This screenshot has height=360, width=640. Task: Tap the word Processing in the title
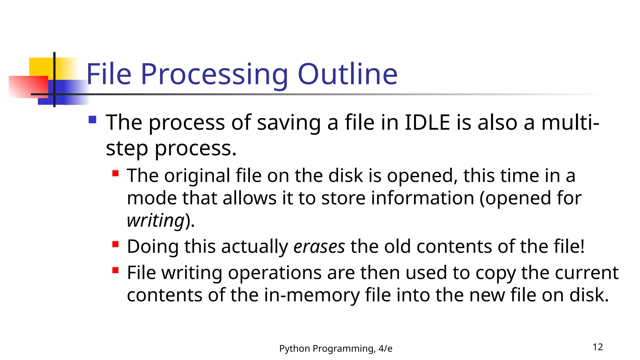coord(214,75)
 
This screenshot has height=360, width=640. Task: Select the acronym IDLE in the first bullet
coord(427,122)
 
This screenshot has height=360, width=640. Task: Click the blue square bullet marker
coord(92,120)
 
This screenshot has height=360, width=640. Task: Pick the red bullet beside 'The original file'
coord(115,173)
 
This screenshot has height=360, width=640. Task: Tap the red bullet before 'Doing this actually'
coord(115,244)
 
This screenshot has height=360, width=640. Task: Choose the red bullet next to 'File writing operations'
coord(115,270)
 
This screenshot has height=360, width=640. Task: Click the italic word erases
coord(319,247)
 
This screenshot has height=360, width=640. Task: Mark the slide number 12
coord(597,347)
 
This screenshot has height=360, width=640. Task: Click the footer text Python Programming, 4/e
coord(336,348)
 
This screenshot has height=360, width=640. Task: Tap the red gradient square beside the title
coord(28,87)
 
